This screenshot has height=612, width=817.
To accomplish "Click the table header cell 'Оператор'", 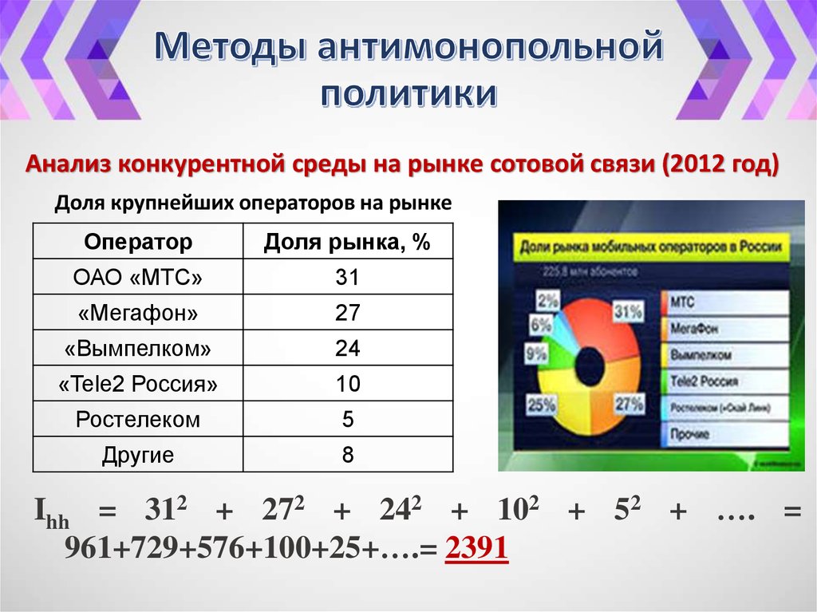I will pos(138,242).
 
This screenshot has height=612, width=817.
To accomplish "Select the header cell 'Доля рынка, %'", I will pos(347,242).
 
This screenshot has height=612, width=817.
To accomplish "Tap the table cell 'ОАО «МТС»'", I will pos(138,278).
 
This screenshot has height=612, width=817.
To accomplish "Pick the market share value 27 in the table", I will pos(347,313).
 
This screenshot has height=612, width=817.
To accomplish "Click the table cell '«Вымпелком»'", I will pos(138,349).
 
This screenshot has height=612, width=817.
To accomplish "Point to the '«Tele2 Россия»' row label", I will pos(138,385).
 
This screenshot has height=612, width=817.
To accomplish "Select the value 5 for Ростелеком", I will pos(347,420).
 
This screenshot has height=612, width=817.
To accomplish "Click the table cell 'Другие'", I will pos(138,456).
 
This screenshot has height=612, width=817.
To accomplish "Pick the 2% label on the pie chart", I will pos(548,301).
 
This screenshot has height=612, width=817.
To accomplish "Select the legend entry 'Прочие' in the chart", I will pos(690,435).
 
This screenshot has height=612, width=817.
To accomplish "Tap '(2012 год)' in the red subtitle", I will pos(719,165).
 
